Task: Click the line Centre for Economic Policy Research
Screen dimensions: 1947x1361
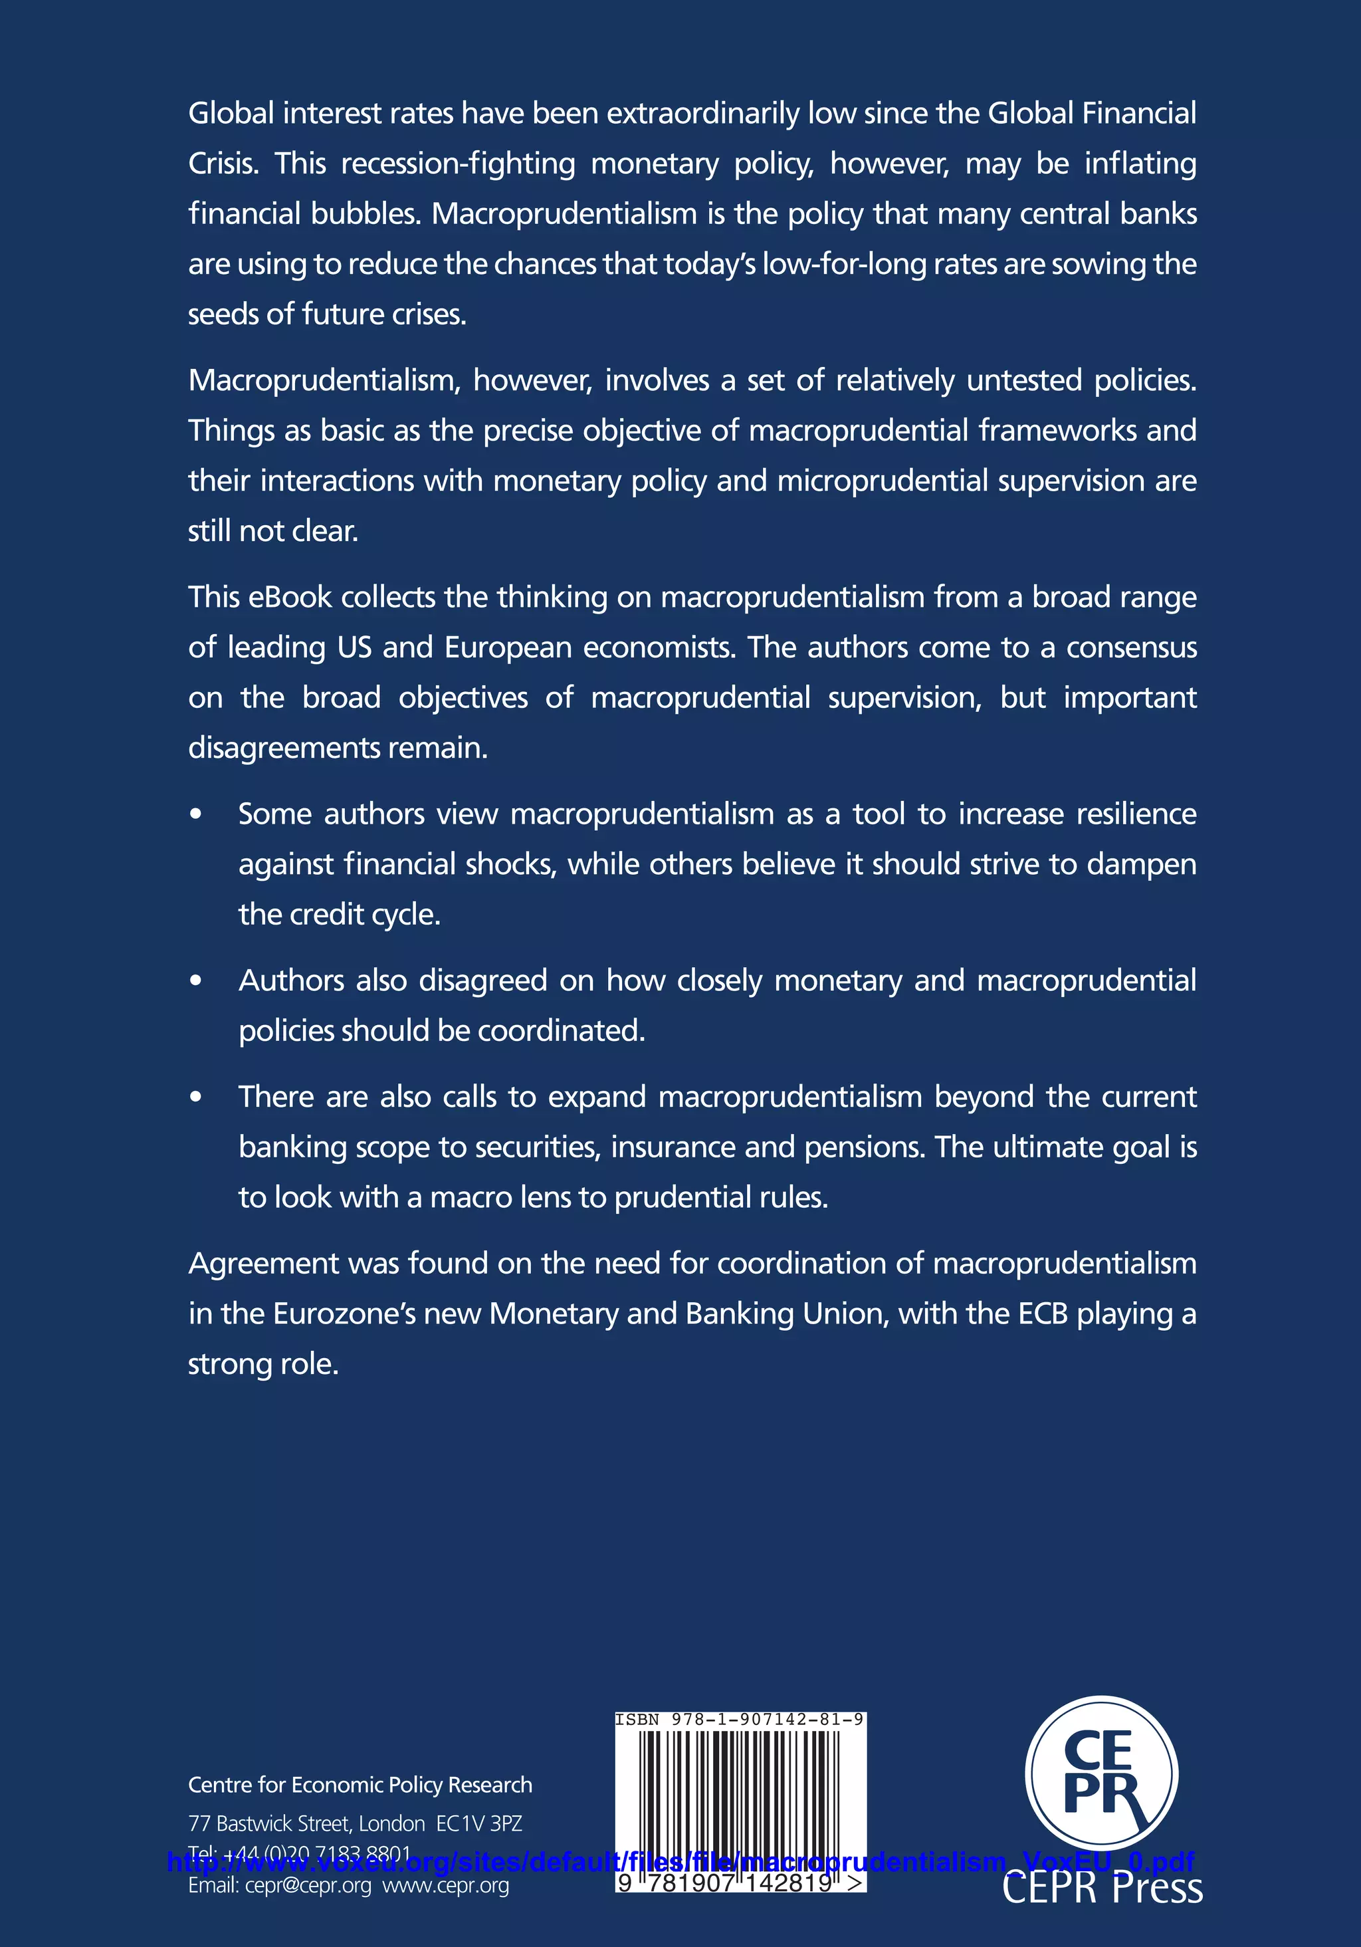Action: (360, 1784)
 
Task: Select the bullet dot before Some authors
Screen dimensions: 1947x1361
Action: (196, 814)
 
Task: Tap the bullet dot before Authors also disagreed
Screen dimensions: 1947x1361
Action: (196, 980)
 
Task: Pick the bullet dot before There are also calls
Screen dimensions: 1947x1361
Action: (196, 1096)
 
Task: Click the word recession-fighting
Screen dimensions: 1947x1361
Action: (458, 164)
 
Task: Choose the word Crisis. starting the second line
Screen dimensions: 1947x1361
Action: (223, 164)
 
